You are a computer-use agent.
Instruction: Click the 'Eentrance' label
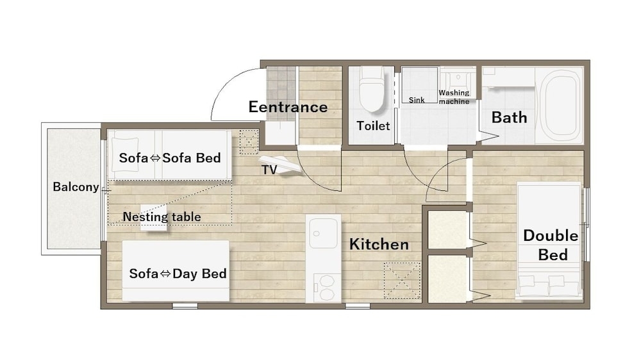pyautogui.click(x=288, y=107)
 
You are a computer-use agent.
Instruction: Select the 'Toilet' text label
pyautogui.click(x=373, y=126)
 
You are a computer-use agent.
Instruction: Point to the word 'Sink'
pyautogui.click(x=417, y=100)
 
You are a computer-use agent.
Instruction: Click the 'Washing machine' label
pyautogui.click(x=454, y=97)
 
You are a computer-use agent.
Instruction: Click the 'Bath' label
pyautogui.click(x=509, y=118)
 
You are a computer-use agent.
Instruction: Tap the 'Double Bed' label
pyautogui.click(x=551, y=245)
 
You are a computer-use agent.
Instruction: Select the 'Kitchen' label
pyautogui.click(x=379, y=244)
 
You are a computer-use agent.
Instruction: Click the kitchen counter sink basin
pyautogui.click(x=323, y=233)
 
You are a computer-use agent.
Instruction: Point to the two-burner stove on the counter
pyautogui.click(x=327, y=288)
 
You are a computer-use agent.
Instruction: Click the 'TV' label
pyautogui.click(x=269, y=170)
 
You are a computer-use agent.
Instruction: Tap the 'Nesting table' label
pyautogui.click(x=162, y=217)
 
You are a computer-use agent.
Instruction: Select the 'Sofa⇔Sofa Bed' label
pyautogui.click(x=170, y=158)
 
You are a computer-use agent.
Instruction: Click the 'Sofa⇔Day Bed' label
pyautogui.click(x=178, y=274)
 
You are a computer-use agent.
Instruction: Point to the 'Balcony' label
pyautogui.click(x=76, y=187)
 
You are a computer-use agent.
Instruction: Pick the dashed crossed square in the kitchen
pyautogui.click(x=402, y=281)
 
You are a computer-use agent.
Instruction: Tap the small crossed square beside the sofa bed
pyautogui.click(x=249, y=142)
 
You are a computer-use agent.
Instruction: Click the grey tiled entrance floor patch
pyautogui.click(x=281, y=94)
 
